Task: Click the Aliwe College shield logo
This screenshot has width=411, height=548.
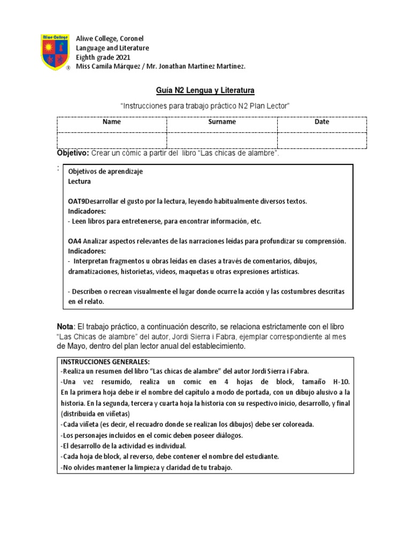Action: pyautogui.click(x=56, y=52)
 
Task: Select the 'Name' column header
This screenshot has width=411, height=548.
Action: pyautogui.click(x=112, y=122)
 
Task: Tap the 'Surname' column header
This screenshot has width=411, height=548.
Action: pyautogui.click(x=222, y=122)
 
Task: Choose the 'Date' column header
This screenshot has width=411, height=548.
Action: pyautogui.click(x=322, y=122)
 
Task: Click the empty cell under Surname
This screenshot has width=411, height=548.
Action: pyautogui.click(x=222, y=140)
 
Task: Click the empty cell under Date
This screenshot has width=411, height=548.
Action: pyautogui.click(x=322, y=140)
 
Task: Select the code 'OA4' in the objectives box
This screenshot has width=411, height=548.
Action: pyautogui.click(x=74, y=241)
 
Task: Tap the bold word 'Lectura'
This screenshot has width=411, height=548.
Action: pyautogui.click(x=79, y=181)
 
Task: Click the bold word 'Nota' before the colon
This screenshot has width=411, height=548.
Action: pyautogui.click(x=65, y=326)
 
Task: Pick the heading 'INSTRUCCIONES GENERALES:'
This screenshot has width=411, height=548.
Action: pyautogui.click(x=101, y=362)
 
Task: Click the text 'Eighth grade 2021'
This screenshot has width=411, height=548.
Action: pyautogui.click(x=103, y=57)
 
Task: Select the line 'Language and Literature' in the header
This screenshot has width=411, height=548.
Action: pyautogui.click(x=112, y=48)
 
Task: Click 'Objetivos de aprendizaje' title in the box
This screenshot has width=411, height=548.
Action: pyautogui.click(x=105, y=172)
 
